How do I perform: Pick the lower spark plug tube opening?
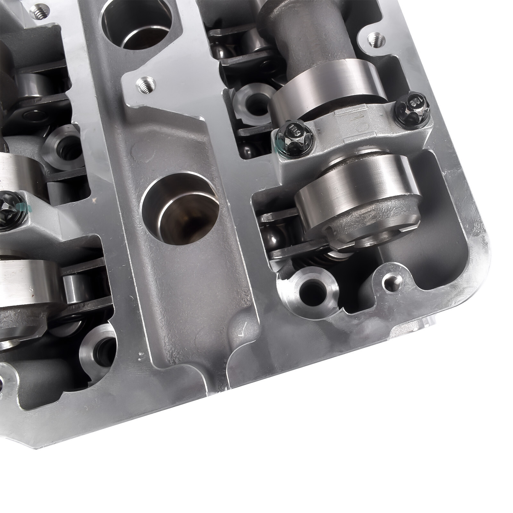(180, 208)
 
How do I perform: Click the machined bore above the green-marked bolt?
(63, 144)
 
